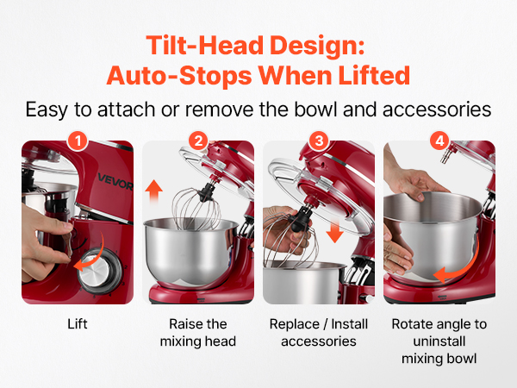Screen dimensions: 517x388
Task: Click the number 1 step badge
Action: (x=78, y=141)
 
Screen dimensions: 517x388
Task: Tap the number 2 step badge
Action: (x=198, y=141)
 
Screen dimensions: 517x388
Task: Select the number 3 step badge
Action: (x=319, y=141)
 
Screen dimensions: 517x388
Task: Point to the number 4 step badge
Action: (x=439, y=141)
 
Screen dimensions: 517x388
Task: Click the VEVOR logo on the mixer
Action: (x=115, y=182)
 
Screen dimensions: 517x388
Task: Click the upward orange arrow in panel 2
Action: (x=153, y=192)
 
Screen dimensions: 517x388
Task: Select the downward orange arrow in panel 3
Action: (x=334, y=231)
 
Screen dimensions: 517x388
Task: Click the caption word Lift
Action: (x=78, y=324)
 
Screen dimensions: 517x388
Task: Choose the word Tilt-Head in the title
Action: (x=204, y=45)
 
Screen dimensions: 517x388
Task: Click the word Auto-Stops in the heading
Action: (x=179, y=76)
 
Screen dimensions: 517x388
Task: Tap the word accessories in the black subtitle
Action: (x=437, y=110)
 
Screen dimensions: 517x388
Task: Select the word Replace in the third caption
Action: (x=295, y=325)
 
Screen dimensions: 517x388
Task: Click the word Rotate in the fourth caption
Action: (x=411, y=324)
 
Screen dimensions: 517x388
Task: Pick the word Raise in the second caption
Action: (x=181, y=324)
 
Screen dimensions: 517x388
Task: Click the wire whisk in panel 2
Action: (x=197, y=209)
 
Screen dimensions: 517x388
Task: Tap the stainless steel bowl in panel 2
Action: (x=191, y=251)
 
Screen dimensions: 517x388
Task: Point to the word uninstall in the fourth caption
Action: (x=439, y=341)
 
